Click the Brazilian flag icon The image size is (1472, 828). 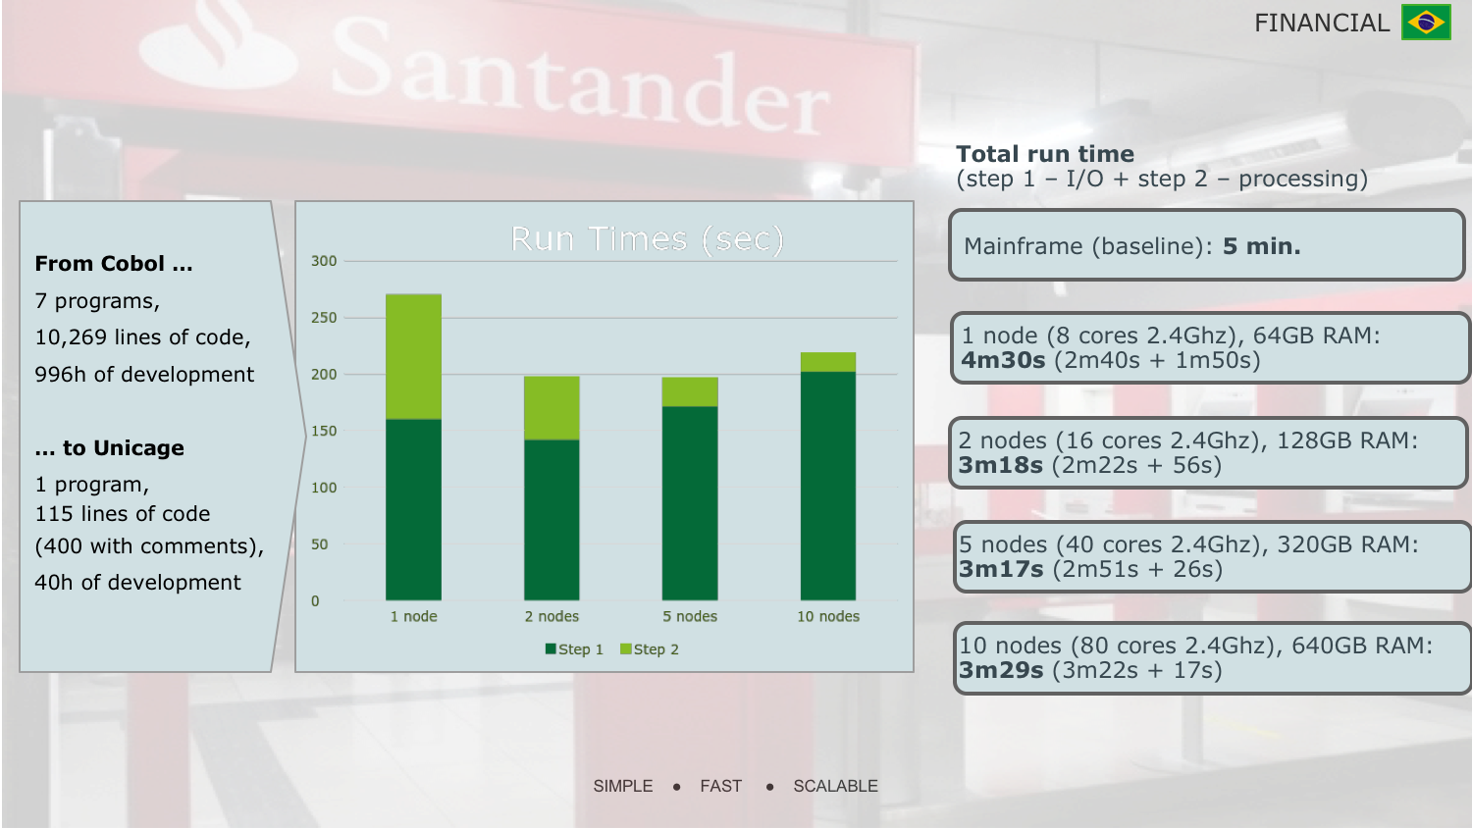[x=1426, y=23]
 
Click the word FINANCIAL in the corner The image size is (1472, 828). [x=1321, y=23]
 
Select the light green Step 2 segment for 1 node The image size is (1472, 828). [x=413, y=356]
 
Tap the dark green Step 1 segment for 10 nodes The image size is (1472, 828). [x=827, y=486]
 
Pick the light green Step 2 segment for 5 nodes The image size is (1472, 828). [x=690, y=391]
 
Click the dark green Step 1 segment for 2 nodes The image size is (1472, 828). [x=552, y=519]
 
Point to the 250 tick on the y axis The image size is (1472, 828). [x=324, y=318]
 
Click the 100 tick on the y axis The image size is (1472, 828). [x=324, y=488]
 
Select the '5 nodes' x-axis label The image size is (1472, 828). [x=690, y=616]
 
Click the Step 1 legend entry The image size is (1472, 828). [x=574, y=649]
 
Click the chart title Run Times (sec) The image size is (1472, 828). [x=647, y=239]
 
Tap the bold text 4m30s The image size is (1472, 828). [x=1003, y=360]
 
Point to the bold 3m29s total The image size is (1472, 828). [x=1001, y=670]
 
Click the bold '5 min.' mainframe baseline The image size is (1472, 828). [x=1261, y=246]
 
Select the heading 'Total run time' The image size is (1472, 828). [x=1045, y=154]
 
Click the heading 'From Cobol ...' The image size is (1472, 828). [x=114, y=264]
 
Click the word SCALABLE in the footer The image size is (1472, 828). [x=835, y=786]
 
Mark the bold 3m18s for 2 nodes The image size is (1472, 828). [x=1001, y=465]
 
